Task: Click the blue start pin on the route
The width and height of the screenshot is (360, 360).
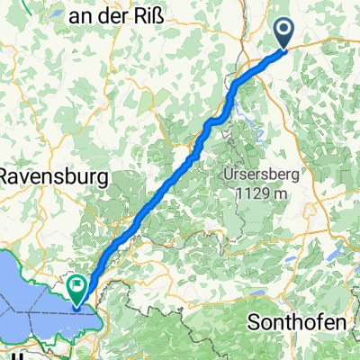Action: pos(283,33)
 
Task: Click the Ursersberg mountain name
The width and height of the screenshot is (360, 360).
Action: pos(258,173)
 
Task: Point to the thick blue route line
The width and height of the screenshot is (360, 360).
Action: pos(171,180)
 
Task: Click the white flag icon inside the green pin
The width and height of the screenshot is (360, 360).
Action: pos(77,287)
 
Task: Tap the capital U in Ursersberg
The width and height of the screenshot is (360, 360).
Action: pos(229,173)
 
